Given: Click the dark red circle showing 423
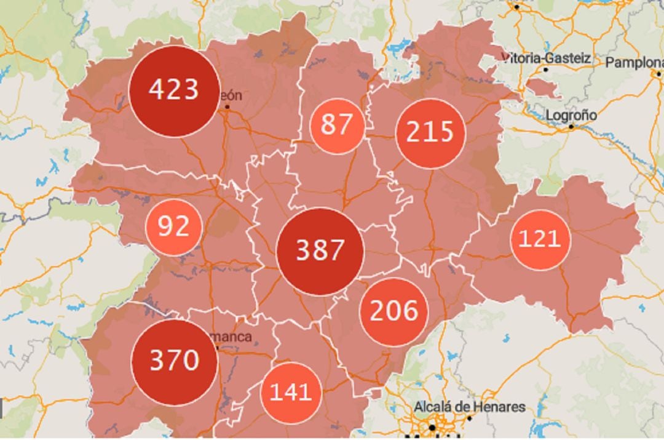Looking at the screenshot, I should pos(175,90).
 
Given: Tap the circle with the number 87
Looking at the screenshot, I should pos(336,125).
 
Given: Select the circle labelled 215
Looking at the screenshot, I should pos(430,133).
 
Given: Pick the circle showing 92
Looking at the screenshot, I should pos(173,227).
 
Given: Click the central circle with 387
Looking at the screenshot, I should pos(320,251).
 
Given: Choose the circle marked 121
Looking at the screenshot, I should pos(540,239).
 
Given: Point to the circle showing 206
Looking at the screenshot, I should pos(393,311).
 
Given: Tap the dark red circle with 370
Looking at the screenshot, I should pos(175,361).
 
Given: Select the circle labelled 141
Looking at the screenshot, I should pos(291,392).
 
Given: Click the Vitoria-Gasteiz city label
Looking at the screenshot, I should pos(547,58).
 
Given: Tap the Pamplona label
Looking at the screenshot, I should pos(634,63).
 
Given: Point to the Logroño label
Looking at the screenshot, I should pos(571,115).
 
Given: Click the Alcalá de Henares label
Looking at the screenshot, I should pos(470,407).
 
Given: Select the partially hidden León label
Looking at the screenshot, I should pos(231,96).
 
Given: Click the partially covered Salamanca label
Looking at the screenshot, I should pos(234,337).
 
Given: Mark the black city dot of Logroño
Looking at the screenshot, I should pos(571,127).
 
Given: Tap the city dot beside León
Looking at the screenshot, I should pos(227,107).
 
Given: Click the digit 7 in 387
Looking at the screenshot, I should pos(336,251).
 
